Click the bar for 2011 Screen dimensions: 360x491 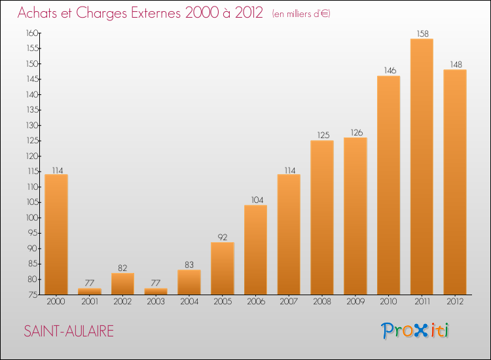pyautogui.click(x=422, y=167)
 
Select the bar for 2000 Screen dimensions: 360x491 pyautogui.click(x=56, y=234)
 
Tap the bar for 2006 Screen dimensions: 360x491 pyautogui.click(x=255, y=250)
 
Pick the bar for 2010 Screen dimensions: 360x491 pyautogui.click(x=388, y=185)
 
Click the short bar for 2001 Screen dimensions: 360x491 pyautogui.click(x=90, y=291)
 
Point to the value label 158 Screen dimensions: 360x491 pyautogui.click(x=422, y=33)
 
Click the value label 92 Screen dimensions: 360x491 pyautogui.click(x=223, y=237)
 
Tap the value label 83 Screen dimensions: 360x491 pyautogui.click(x=189, y=264)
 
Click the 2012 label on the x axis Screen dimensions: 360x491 pyautogui.click(x=455, y=302)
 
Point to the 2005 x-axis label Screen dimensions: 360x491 pyautogui.click(x=223, y=302)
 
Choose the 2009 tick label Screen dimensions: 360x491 pyautogui.click(x=355, y=302)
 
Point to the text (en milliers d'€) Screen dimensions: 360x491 pyautogui.click(x=302, y=14)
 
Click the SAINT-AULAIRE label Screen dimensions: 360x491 pyautogui.click(x=69, y=331)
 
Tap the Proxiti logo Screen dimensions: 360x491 pyautogui.click(x=416, y=331)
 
